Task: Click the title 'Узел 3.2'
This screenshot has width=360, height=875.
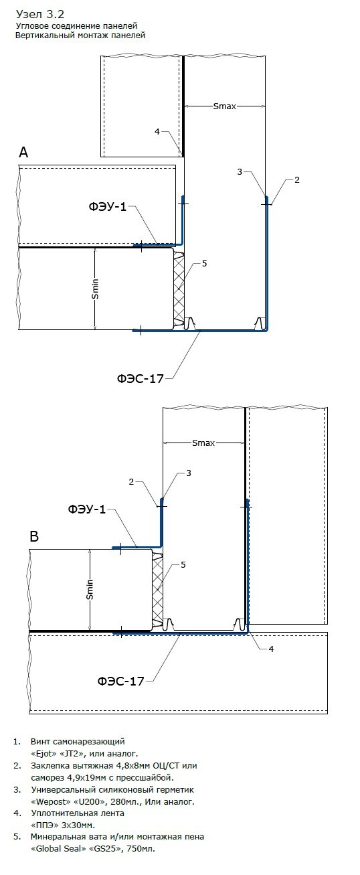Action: (x=40, y=15)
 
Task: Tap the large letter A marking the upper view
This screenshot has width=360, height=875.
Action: (x=23, y=152)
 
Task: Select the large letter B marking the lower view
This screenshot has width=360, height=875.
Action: (x=34, y=536)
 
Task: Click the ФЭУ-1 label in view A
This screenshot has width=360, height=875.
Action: (x=108, y=206)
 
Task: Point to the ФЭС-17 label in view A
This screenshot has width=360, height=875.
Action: (x=140, y=378)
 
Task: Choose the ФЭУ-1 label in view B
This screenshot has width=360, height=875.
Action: (x=87, y=509)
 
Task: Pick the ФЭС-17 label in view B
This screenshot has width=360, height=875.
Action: (x=120, y=682)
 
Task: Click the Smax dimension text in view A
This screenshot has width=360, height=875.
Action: (x=225, y=106)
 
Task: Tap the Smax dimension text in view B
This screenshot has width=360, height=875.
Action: (x=203, y=443)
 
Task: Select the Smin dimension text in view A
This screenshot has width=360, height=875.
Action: (x=95, y=289)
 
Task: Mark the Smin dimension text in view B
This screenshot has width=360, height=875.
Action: (x=90, y=589)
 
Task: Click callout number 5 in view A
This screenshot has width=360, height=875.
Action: (x=204, y=264)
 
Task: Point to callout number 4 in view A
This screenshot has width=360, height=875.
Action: (x=157, y=132)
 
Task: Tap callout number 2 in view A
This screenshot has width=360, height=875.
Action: (x=296, y=179)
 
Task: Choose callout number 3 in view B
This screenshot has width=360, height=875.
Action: (x=189, y=473)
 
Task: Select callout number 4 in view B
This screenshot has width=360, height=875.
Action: (x=272, y=649)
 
